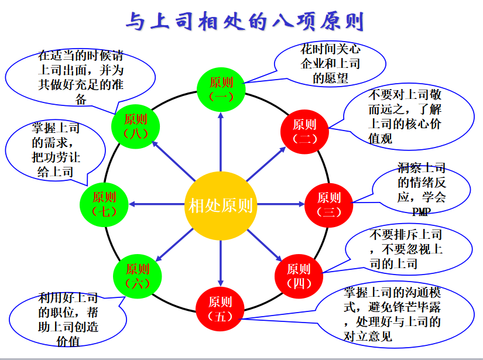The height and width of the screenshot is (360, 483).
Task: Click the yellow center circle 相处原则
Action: tap(221, 205)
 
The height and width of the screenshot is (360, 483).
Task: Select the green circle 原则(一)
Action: tap(221, 90)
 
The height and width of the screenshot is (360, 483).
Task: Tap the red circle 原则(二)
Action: tap(304, 132)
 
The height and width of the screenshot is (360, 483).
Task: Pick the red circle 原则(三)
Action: tap(328, 205)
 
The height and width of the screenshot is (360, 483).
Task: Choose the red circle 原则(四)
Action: tap(299, 276)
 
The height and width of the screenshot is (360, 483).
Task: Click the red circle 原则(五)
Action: tap(220, 309)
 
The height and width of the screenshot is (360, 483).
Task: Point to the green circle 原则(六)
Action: tap(138, 276)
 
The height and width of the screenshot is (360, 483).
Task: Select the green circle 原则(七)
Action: tap(104, 204)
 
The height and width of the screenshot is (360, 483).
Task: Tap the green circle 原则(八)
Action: tap(136, 126)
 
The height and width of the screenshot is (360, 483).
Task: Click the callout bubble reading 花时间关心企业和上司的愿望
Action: tap(330, 63)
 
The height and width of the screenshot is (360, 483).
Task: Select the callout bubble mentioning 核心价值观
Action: tap(408, 116)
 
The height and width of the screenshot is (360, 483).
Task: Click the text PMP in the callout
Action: tap(421, 211)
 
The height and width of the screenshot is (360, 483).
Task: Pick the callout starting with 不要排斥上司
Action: tap(408, 249)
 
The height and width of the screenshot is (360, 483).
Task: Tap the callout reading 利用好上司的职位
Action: tap(68, 320)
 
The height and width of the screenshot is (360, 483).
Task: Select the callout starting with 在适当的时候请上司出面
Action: tap(80, 77)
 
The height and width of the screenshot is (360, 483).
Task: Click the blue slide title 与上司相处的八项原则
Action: tap(245, 21)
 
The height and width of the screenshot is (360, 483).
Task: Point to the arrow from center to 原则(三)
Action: tap(280, 204)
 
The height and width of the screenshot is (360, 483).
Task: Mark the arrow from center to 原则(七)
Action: tap(156, 204)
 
